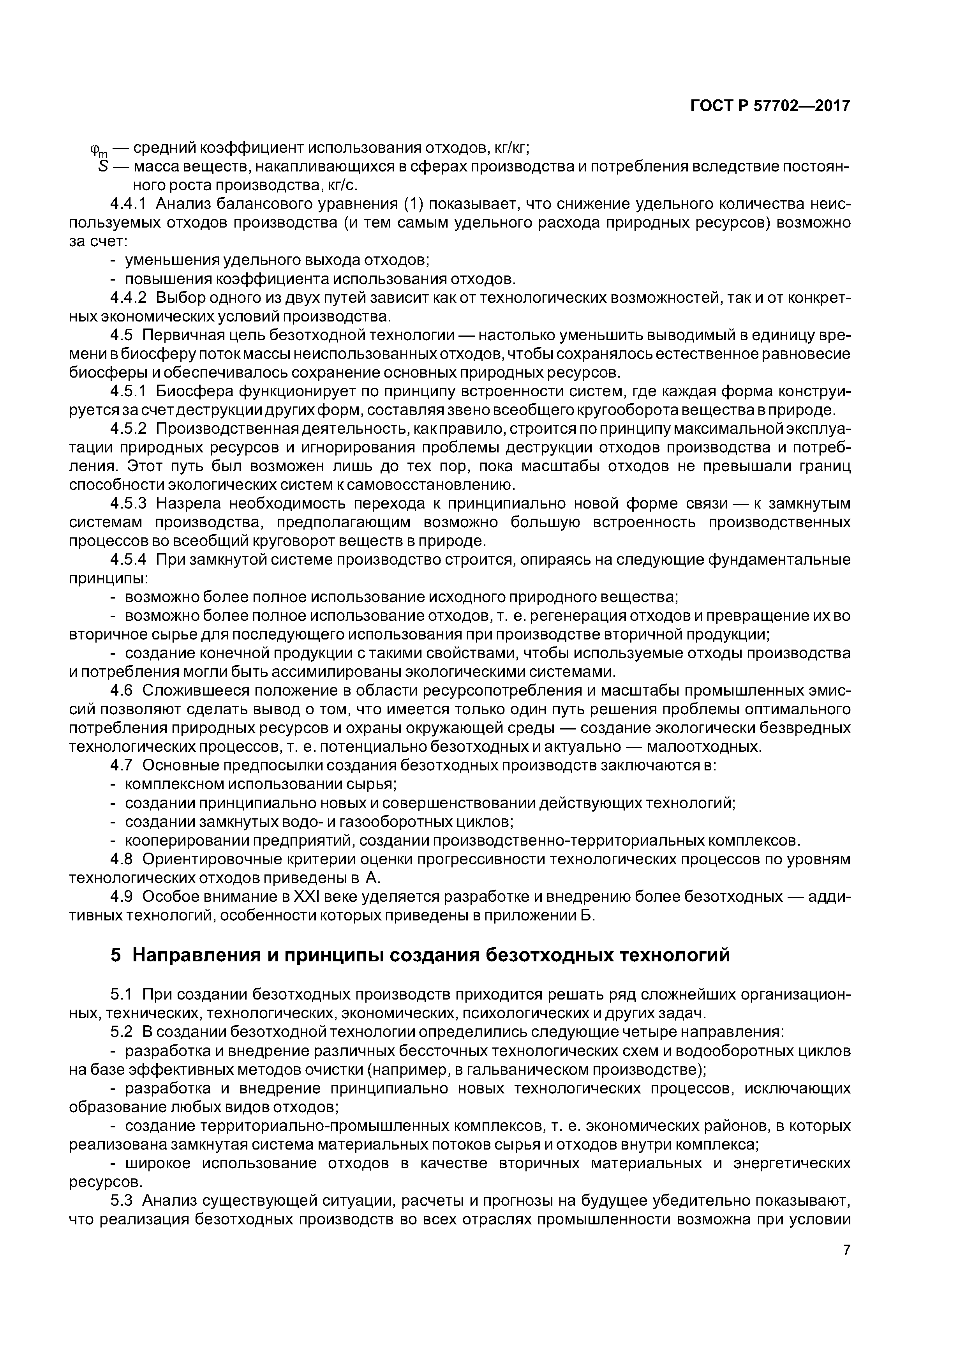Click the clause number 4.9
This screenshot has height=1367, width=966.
coord(122,897)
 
